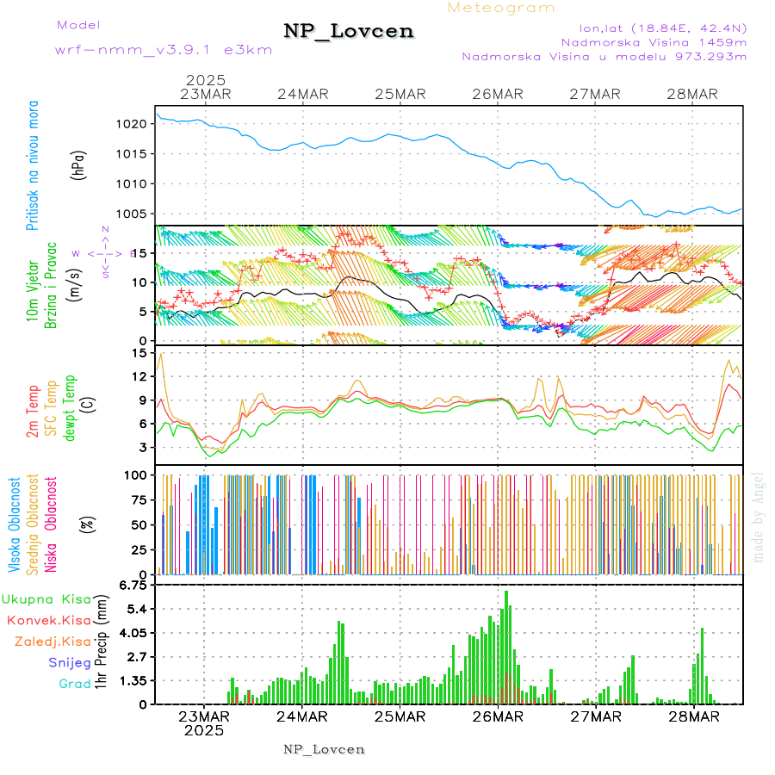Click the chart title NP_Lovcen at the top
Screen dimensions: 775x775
(349, 32)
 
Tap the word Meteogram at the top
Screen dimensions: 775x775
(501, 8)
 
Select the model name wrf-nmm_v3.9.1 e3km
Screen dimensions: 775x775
(164, 50)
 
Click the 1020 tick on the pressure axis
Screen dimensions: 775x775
(133, 124)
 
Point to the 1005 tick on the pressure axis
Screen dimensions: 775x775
(133, 214)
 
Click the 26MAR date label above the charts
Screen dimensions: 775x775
(498, 94)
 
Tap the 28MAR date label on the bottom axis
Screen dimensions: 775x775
(693, 716)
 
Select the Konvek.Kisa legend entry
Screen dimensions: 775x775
(48, 620)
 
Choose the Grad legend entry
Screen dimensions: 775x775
(74, 685)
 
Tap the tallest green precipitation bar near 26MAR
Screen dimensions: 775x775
(506, 646)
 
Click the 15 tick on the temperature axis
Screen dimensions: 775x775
(137, 353)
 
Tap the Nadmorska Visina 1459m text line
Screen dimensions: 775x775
(654, 41)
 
